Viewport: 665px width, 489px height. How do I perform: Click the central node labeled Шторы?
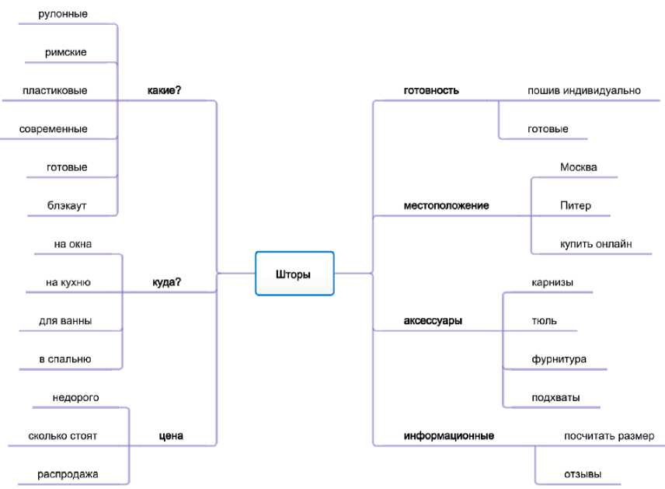pyautogui.click(x=294, y=274)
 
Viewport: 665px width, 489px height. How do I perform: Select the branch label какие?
pyautogui.click(x=164, y=90)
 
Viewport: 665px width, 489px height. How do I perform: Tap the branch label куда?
pyautogui.click(x=166, y=282)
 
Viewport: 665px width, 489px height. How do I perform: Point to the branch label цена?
pyautogui.click(x=170, y=435)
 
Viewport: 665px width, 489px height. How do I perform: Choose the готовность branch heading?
pyautogui.click(x=431, y=90)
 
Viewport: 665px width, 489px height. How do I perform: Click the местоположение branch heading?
pyautogui.click(x=446, y=206)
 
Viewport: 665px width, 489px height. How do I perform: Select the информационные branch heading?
pyautogui.click(x=449, y=435)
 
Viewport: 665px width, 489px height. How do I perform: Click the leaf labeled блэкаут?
pyautogui.click(x=67, y=205)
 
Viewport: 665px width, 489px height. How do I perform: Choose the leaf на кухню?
pyautogui.click(x=68, y=282)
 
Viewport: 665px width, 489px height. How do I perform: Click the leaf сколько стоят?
pyautogui.click(x=63, y=435)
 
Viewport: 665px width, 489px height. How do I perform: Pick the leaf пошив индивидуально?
pyautogui.click(x=583, y=90)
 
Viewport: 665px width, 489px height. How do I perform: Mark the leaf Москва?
pyautogui.click(x=578, y=167)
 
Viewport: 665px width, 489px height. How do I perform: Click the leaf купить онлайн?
pyautogui.click(x=596, y=243)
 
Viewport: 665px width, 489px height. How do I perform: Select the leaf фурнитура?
pyautogui.click(x=559, y=359)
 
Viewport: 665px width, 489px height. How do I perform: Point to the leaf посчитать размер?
pyautogui.click(x=609, y=435)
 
